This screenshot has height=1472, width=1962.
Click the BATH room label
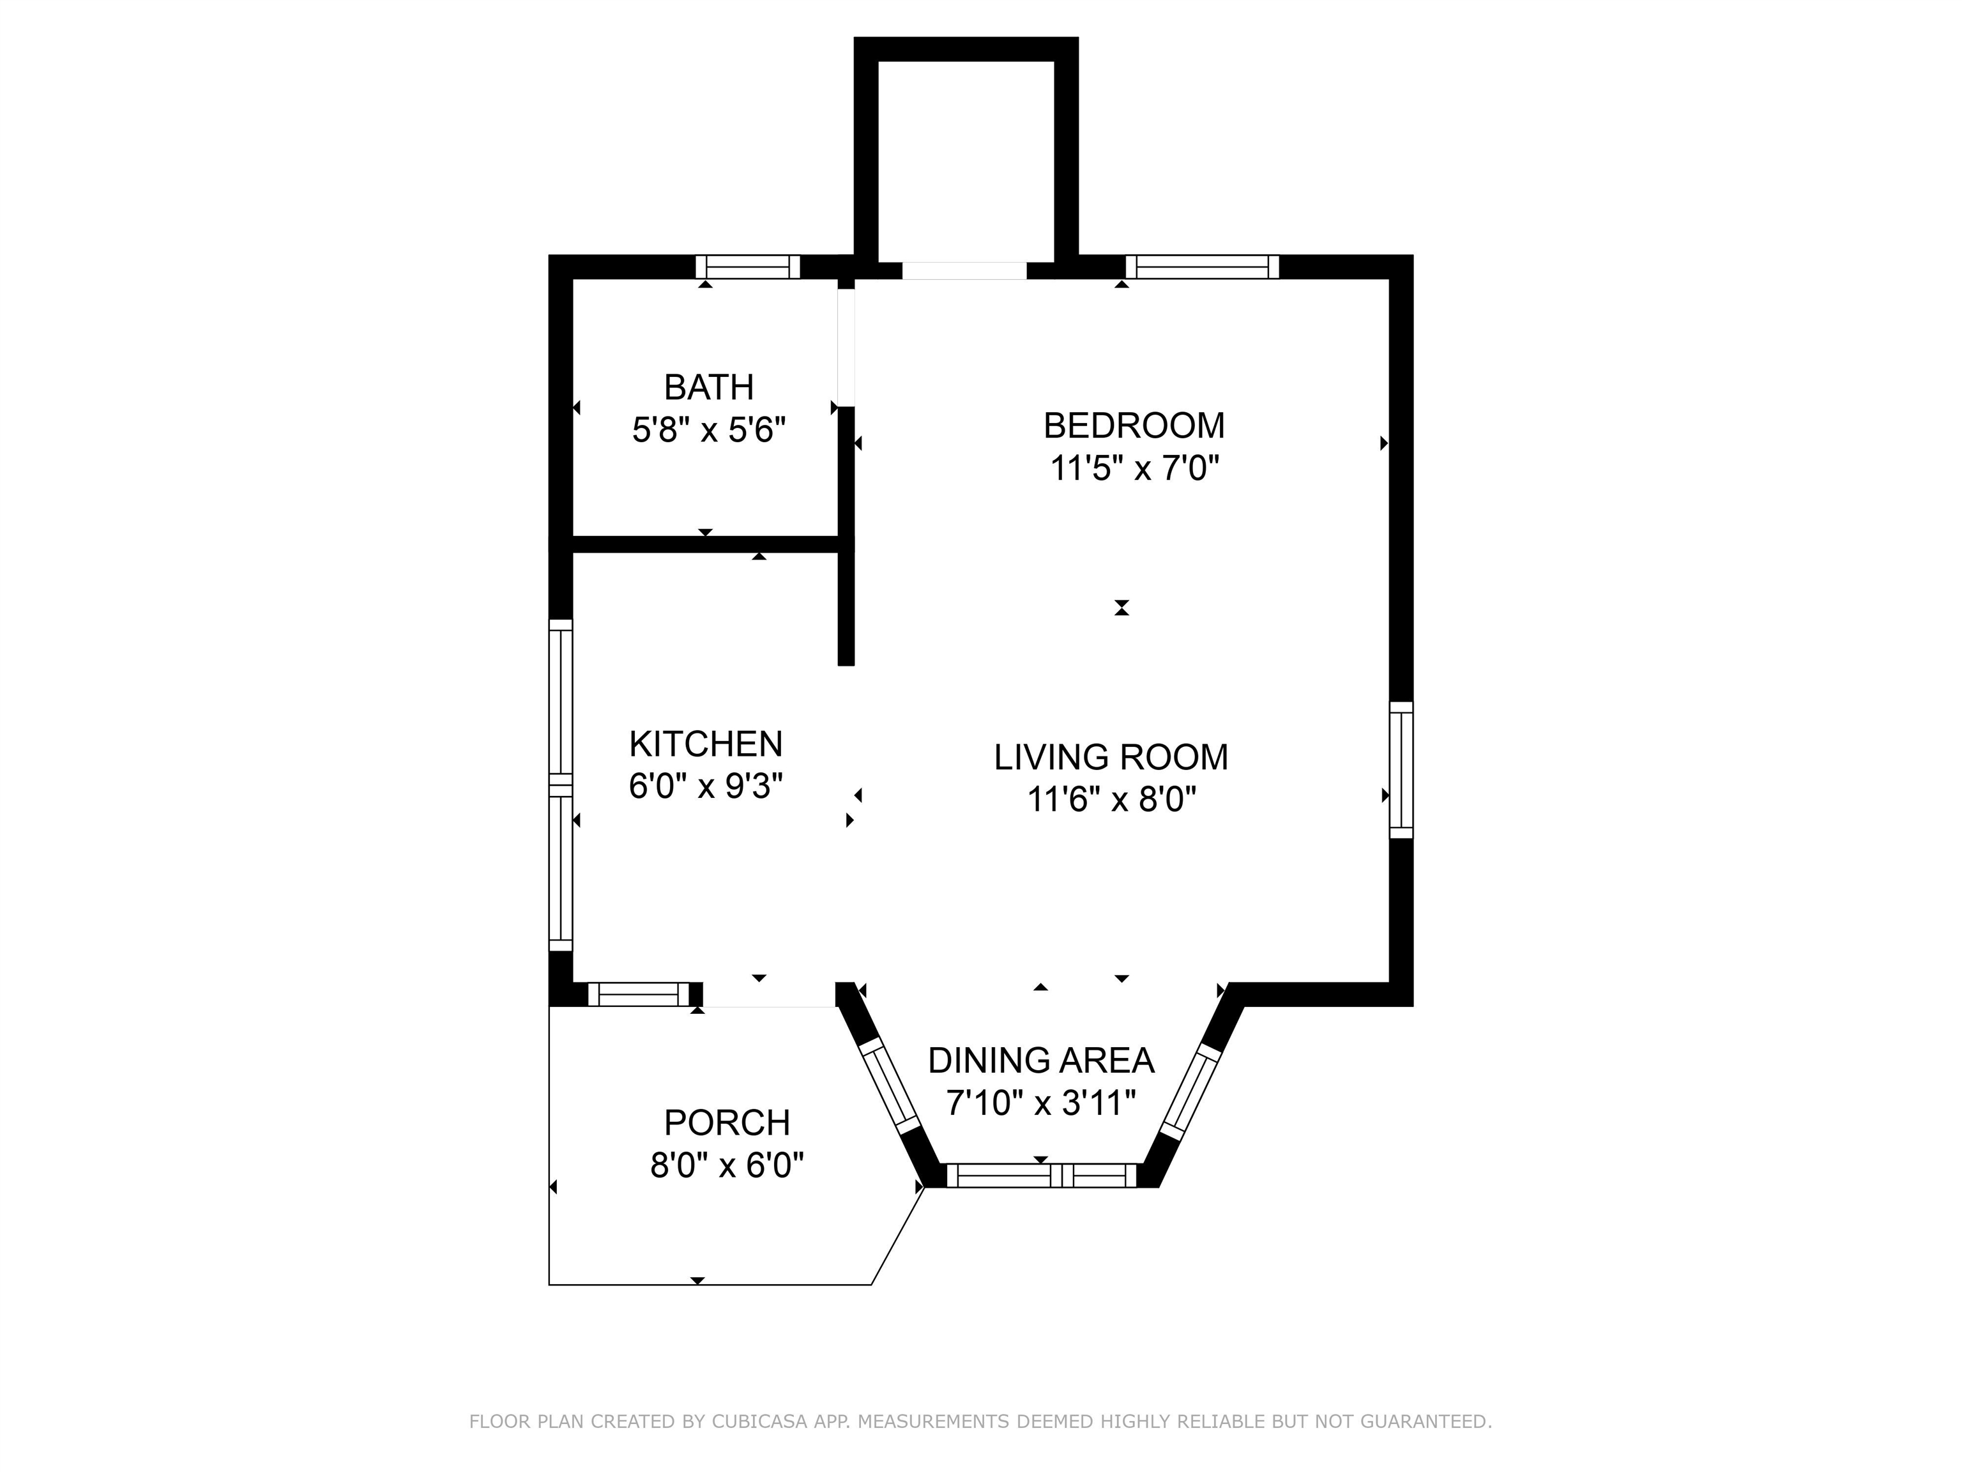[x=709, y=388]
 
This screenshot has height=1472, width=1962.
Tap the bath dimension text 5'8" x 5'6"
[x=709, y=431]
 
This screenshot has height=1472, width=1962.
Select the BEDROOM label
[x=1134, y=426]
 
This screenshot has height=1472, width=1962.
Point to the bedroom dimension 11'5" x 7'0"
[x=1134, y=468]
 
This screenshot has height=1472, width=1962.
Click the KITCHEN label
[x=705, y=744]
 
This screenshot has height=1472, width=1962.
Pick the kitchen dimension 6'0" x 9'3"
[x=705, y=786]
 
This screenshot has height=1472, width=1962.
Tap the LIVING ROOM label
[x=1111, y=758]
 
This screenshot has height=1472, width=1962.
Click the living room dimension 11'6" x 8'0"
[x=1111, y=801]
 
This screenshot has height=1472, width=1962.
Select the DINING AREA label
[x=1040, y=1061]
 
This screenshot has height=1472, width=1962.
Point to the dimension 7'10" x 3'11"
[x=1040, y=1103]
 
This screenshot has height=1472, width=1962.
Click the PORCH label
[x=726, y=1123]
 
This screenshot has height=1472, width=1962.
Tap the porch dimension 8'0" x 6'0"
[x=726, y=1165]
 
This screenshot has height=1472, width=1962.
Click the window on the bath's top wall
[x=748, y=267]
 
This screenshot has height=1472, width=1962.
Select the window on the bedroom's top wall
[x=1202, y=267]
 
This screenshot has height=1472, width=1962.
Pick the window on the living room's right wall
[x=1401, y=769]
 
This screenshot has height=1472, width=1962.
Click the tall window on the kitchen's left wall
[x=561, y=785]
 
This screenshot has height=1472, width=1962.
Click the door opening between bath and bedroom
[x=846, y=346]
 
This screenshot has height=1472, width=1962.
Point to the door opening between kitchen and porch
[x=769, y=995]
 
